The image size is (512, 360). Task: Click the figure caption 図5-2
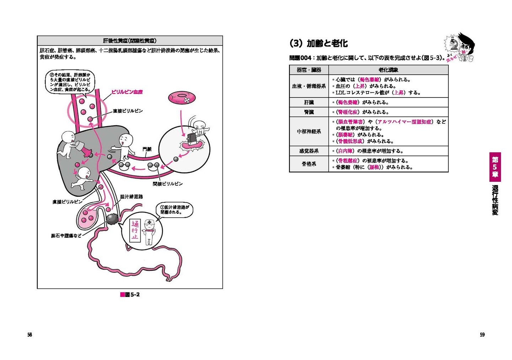(130, 295)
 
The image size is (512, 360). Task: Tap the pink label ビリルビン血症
(127, 92)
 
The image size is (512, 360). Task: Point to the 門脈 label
(147, 149)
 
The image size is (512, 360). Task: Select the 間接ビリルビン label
(167, 184)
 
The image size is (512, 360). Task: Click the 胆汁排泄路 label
(131, 196)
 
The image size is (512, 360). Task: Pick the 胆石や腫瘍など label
(66, 235)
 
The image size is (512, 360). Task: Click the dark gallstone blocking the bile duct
(113, 218)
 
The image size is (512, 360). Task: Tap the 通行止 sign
(135, 231)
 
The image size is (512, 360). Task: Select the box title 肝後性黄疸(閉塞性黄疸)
(130, 41)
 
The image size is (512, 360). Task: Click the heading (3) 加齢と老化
(319, 43)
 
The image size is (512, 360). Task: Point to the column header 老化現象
(388, 70)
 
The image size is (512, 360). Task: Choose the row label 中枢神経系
(309, 131)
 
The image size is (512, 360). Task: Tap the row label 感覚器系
(309, 151)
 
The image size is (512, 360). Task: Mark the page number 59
(482, 334)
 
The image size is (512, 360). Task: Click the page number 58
(30, 334)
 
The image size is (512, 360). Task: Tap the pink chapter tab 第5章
(495, 167)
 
